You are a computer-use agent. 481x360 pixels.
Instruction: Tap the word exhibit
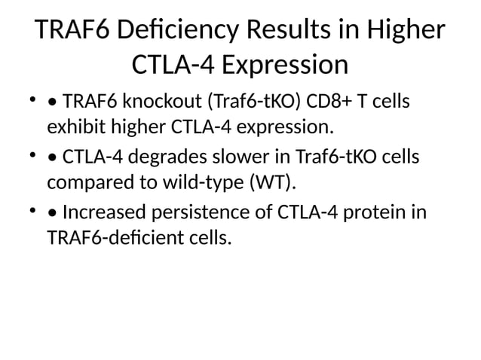[x=73, y=124]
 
